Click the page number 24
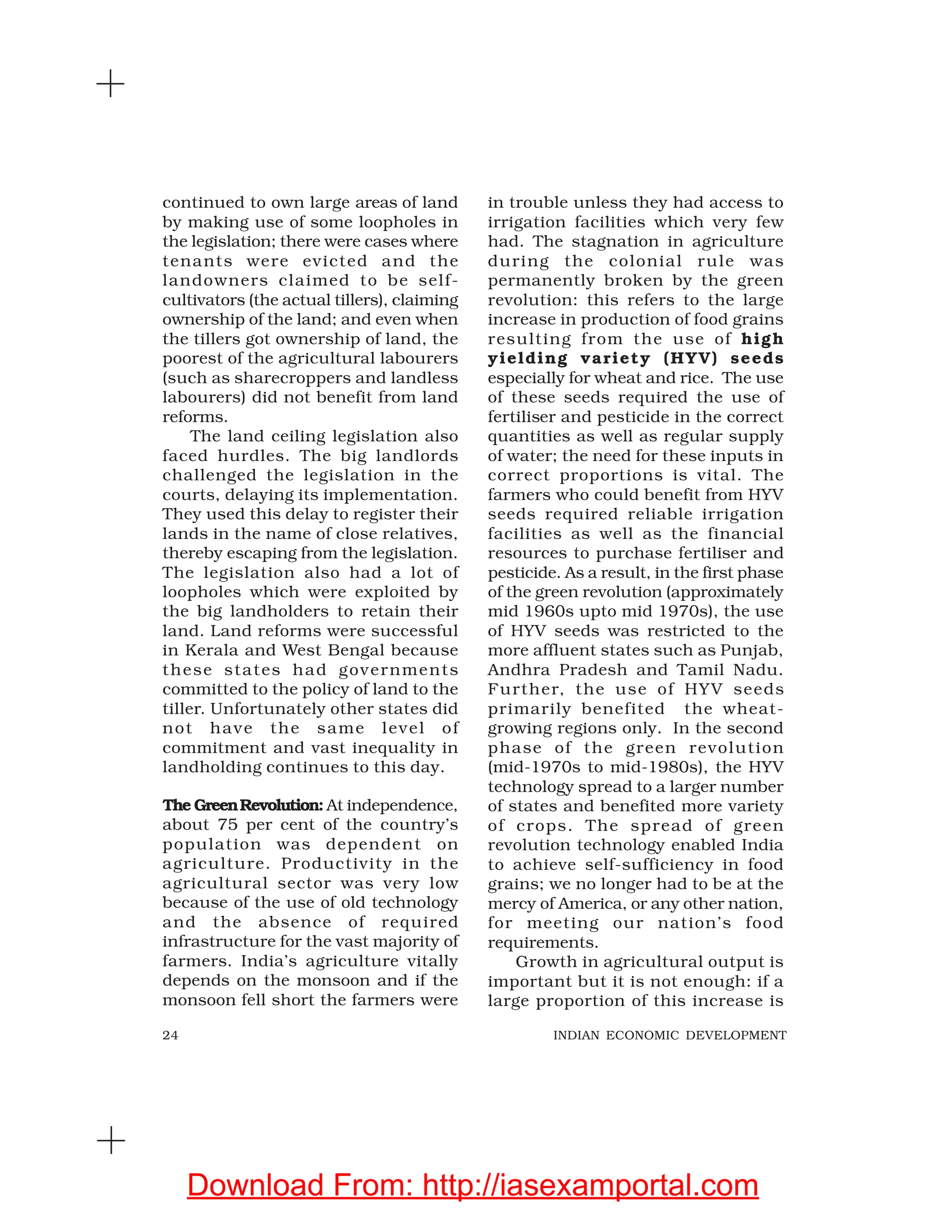click(170, 1035)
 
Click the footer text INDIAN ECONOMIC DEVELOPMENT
click(670, 1035)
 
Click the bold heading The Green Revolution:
click(242, 806)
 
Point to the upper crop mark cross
click(111, 84)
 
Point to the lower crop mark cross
click(111, 1140)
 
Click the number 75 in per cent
click(228, 825)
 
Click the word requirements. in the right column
click(542, 942)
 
